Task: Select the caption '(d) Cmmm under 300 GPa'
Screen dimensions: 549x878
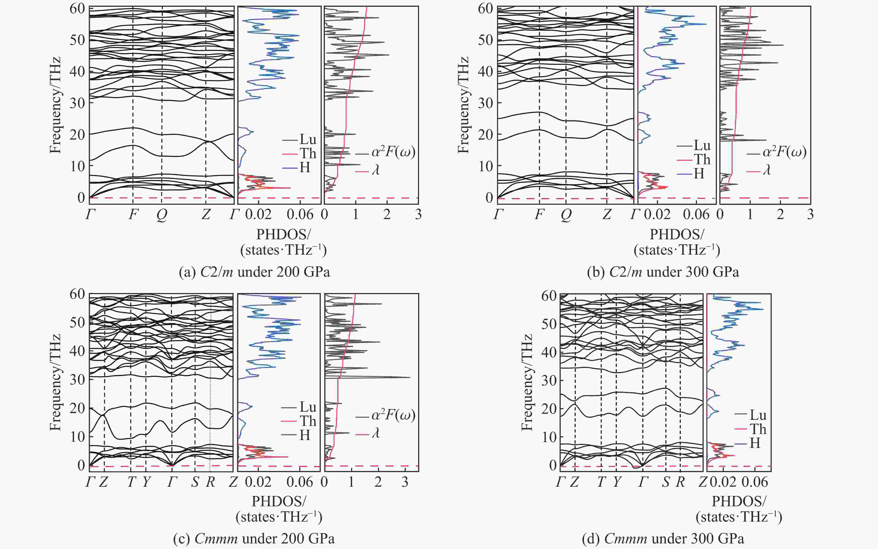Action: point(663,538)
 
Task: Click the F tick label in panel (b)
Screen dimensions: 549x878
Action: point(539,215)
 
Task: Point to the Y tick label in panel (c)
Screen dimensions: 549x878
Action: point(146,482)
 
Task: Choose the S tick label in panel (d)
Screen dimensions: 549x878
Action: point(665,482)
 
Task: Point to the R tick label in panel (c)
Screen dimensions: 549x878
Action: point(210,482)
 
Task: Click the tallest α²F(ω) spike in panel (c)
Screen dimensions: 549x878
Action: point(410,377)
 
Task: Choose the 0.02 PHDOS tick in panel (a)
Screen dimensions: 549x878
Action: point(258,215)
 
